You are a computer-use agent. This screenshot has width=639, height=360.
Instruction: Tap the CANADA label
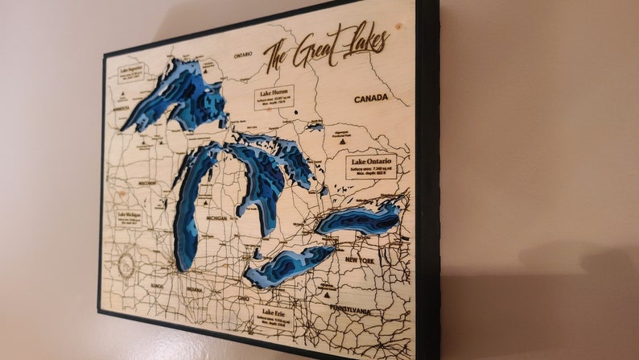[370, 97]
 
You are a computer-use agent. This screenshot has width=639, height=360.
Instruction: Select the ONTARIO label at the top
[242, 56]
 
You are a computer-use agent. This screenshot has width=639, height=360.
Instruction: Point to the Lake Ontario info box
[371, 166]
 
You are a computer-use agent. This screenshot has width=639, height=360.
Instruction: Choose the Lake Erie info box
[277, 317]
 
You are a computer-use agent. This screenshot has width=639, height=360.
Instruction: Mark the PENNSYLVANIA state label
[350, 309]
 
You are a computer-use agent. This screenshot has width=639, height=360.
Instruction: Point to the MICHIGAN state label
[217, 217]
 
